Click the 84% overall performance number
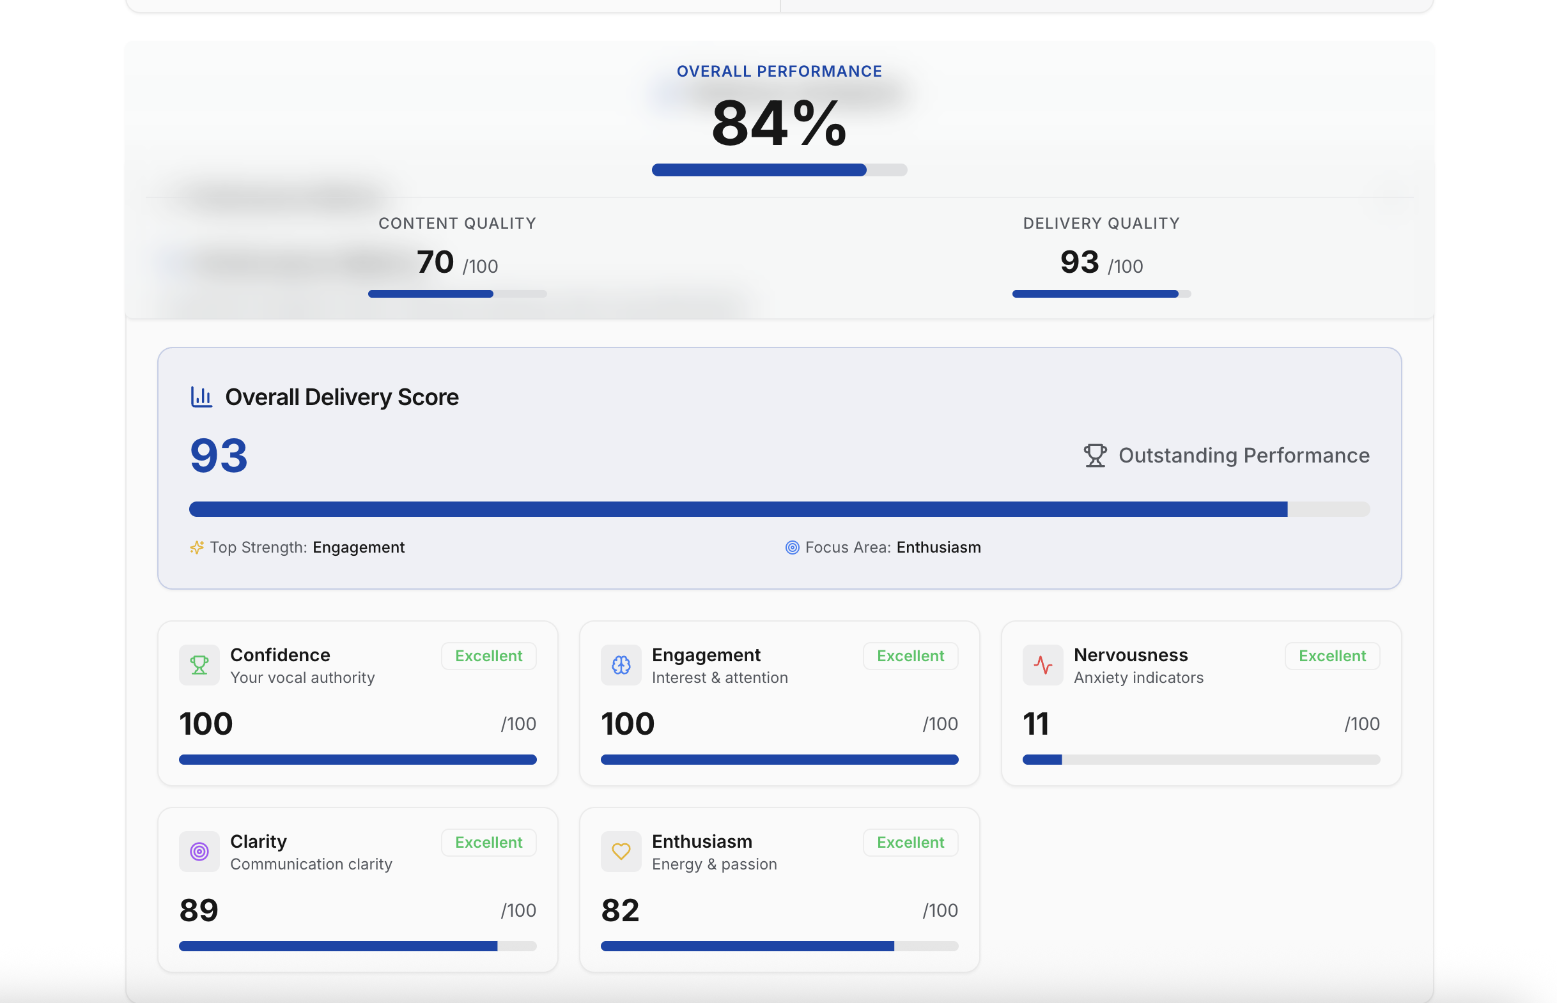778,124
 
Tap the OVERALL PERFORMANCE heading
778,71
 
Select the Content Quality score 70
435,262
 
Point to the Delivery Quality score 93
1079,262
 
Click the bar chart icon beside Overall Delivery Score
201,397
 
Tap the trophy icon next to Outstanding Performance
1094,456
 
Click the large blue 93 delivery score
219,456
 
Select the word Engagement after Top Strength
359,547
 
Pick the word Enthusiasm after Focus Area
938,547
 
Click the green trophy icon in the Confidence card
199,665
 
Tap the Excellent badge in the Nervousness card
1331,656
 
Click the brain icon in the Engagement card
621,665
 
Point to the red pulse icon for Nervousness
1042,665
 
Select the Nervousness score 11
1036,724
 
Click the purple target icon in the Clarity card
199,851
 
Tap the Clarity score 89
199,910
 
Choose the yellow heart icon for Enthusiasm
621,851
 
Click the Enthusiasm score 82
620,910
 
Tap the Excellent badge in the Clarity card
488,842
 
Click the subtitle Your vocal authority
302,677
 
